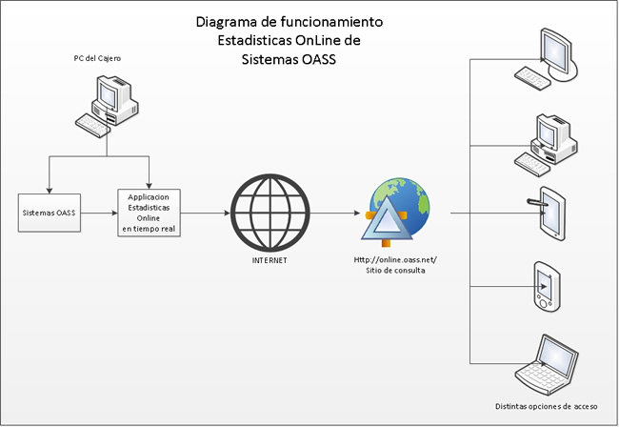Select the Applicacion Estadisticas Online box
(150, 212)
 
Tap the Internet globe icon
(264, 213)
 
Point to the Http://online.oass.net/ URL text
(394, 259)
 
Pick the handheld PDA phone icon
(545, 285)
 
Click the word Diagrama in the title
(229, 21)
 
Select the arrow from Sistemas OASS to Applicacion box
(96, 213)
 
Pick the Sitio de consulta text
(394, 271)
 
